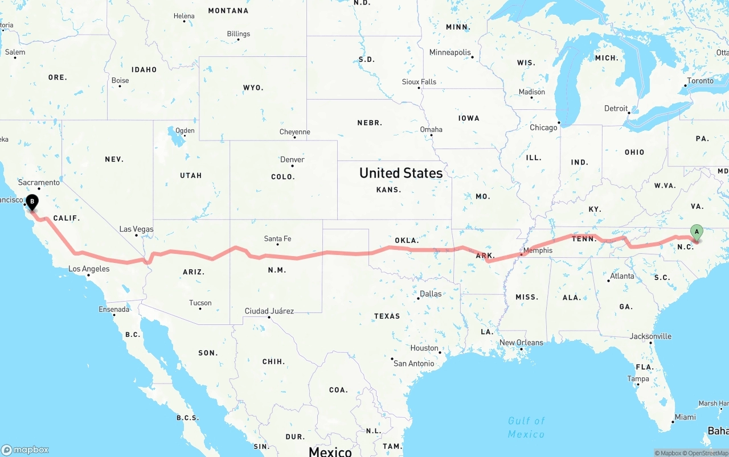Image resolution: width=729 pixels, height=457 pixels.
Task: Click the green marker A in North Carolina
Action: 696,232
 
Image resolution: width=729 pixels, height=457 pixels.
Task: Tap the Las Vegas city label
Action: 136,229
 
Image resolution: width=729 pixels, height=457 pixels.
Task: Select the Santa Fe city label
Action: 277,239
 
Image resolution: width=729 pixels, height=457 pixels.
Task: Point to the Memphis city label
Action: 538,250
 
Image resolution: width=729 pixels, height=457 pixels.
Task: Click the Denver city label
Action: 292,159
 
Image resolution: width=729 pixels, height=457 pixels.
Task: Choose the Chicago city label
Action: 543,127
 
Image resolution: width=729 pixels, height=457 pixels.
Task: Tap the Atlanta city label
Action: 622,276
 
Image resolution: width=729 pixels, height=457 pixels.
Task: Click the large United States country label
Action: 401,173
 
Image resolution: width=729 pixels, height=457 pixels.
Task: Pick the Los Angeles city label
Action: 89,269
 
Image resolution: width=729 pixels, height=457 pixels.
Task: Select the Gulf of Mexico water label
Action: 526,427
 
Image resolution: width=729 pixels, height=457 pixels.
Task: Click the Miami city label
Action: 685,417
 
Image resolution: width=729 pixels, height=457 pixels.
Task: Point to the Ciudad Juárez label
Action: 269,311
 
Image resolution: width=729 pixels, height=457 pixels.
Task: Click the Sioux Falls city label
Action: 419,82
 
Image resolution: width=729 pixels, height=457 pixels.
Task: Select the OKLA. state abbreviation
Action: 407,240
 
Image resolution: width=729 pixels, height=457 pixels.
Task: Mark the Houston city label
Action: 424,348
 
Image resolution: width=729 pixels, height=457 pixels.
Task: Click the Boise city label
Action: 120,81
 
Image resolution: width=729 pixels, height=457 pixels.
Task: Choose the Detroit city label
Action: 616,108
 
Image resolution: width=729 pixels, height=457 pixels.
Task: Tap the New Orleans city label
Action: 521,343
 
